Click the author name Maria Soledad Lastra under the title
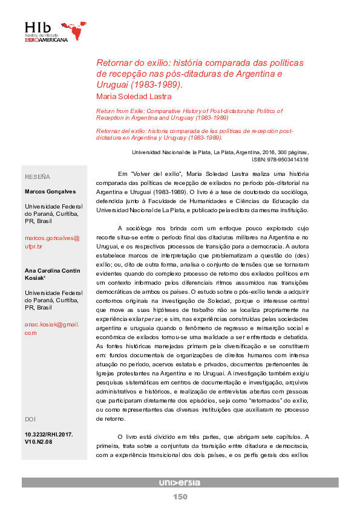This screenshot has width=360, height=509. click(134, 97)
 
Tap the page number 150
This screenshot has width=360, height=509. click(180, 497)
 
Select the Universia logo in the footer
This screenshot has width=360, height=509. click(180, 482)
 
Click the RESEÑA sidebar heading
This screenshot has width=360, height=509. click(38, 177)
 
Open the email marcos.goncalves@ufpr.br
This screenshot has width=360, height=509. click(51, 242)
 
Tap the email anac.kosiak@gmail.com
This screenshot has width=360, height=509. click(51, 328)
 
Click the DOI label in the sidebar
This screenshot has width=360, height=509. click(30, 419)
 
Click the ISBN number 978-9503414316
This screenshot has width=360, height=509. click(288, 160)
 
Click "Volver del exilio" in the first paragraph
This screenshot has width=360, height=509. click(159, 173)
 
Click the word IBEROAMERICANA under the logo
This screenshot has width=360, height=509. click(47, 40)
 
